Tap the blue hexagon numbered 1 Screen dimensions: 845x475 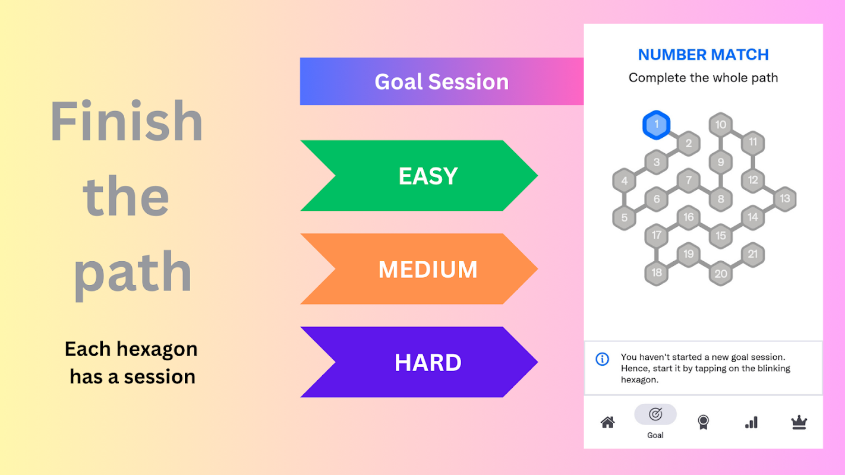[657, 125]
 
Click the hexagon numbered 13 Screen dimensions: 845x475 [785, 199]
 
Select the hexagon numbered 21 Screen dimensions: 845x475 [753, 255]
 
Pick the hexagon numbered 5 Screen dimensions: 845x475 [625, 217]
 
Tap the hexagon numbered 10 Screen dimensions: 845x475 [721, 125]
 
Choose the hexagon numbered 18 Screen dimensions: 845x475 [657, 273]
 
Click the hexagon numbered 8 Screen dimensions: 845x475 [721, 199]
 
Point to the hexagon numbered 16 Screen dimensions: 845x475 [689, 217]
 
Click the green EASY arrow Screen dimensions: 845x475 [419, 176]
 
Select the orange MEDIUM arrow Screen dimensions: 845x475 [419, 269]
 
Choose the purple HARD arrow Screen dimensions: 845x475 [419, 362]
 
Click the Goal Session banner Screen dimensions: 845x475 [442, 81]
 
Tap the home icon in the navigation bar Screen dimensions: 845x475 [607, 422]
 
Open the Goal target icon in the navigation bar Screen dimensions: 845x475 [655, 414]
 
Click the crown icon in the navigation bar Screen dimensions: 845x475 [799, 422]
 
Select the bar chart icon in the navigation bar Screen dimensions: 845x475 [751, 423]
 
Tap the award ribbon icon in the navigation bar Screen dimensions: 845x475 [703, 422]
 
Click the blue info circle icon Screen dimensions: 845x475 [602, 359]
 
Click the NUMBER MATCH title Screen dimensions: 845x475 [703, 55]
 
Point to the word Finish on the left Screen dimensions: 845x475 [127, 121]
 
